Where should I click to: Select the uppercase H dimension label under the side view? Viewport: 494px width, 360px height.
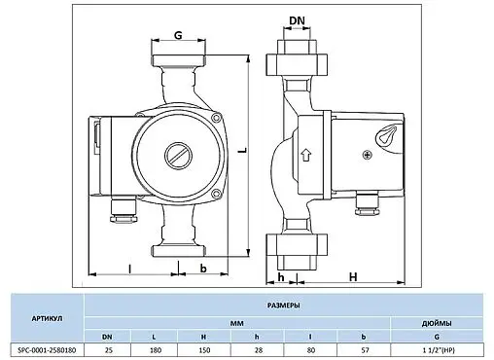click(353, 275)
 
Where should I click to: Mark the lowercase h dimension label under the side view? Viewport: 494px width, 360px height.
click(281, 275)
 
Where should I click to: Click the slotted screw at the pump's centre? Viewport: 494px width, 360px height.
click(176, 155)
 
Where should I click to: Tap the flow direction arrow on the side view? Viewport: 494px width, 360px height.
click(306, 154)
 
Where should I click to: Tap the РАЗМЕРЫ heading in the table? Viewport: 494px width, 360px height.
click(284, 305)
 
